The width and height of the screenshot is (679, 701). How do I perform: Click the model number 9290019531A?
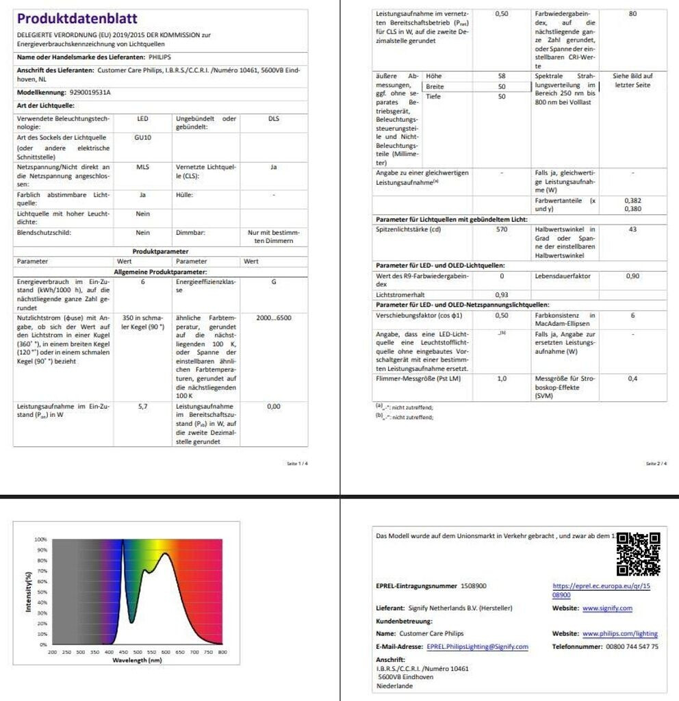[x=90, y=92]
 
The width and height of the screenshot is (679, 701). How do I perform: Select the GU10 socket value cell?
[x=142, y=138]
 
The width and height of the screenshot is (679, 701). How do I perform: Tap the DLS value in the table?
[x=273, y=118]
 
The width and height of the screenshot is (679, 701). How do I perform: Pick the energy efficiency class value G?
[x=273, y=281]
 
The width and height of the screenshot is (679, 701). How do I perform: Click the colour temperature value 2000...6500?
[x=273, y=318]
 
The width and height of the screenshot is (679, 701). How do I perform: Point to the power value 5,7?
[x=142, y=406]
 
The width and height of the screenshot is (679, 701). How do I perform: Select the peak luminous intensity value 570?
[x=502, y=229]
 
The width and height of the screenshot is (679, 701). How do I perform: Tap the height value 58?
[x=502, y=76]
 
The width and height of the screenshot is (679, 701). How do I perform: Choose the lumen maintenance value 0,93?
[x=502, y=294]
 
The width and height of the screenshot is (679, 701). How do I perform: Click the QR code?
[x=638, y=554]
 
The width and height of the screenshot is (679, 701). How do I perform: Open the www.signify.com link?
[x=607, y=608]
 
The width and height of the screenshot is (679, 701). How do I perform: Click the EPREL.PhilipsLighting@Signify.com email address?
[x=477, y=646]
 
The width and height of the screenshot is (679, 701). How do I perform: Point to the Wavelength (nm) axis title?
[x=137, y=661]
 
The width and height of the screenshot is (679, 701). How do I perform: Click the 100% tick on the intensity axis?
[x=41, y=540]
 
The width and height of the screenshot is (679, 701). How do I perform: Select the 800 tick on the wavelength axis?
[x=222, y=652]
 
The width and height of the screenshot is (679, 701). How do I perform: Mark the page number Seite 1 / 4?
[x=298, y=463]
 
